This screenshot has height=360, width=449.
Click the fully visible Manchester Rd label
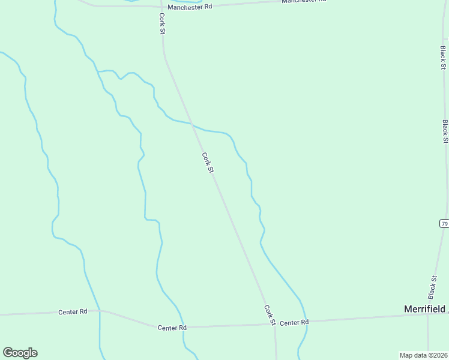[190, 7]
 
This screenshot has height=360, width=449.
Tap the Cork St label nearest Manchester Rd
[162, 23]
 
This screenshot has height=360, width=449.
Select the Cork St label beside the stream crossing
[208, 163]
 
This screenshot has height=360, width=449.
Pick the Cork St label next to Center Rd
[270, 315]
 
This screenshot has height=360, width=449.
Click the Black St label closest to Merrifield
[432, 287]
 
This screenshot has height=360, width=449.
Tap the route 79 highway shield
[444, 223]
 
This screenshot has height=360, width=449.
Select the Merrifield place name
[424, 308]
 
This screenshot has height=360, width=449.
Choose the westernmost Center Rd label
[73, 312]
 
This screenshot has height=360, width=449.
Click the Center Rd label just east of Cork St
[294, 322]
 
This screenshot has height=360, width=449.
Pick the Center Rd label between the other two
[172, 328]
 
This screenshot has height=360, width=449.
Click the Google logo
[20, 353]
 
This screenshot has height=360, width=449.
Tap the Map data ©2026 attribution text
[423, 355]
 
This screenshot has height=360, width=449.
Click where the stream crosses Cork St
[193, 124]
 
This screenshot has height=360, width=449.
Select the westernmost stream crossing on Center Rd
[100, 311]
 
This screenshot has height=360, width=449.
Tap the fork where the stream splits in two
[97, 71]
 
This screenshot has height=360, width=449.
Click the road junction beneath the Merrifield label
[427, 316]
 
